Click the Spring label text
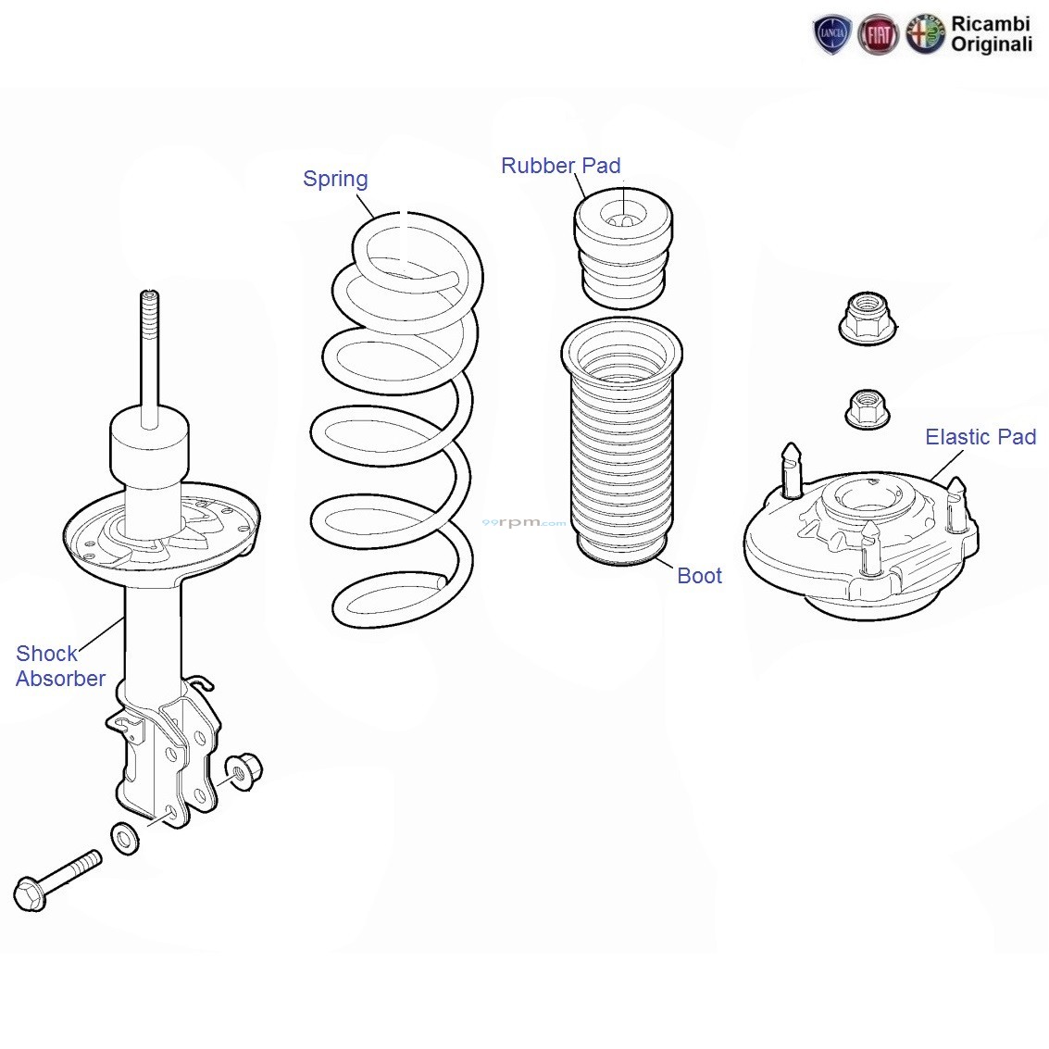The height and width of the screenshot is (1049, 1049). [335, 180]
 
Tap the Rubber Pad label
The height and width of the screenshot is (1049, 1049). [561, 165]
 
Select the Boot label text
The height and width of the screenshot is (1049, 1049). [699, 575]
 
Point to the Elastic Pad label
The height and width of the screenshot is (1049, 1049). [980, 437]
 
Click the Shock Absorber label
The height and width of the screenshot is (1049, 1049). [60, 666]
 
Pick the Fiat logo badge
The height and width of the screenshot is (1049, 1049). [878, 35]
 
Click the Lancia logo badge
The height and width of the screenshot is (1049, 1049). [831, 34]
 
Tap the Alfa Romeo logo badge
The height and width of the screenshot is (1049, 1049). [925, 35]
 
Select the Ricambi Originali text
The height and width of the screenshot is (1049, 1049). [991, 34]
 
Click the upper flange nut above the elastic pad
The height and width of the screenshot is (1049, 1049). [868, 318]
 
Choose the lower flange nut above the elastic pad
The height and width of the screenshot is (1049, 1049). [868, 409]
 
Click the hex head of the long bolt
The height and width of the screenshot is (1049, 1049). [30, 893]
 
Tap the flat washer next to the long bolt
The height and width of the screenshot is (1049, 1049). [124, 838]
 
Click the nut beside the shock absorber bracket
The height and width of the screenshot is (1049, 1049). [244, 772]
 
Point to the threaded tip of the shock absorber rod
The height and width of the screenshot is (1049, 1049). [150, 295]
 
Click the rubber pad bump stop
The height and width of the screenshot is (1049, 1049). [623, 248]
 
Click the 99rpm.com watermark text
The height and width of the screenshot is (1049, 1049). [524, 522]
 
